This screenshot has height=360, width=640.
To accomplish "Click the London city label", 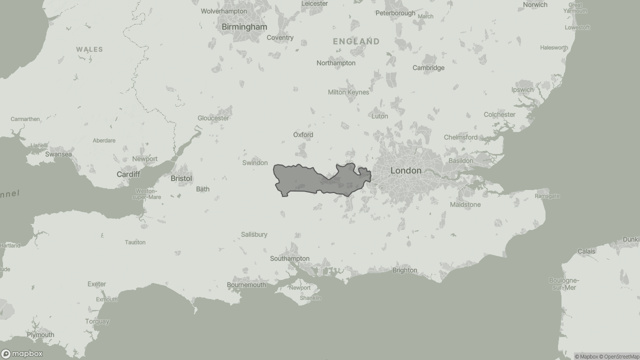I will click(405, 170).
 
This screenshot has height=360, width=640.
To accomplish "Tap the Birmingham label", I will click(244, 26).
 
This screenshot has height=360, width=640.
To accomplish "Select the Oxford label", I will click(303, 134).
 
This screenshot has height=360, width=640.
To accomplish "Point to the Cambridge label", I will click(428, 67).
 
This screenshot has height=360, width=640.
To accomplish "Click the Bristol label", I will click(181, 178).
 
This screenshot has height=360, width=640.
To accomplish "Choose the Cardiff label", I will click(128, 174).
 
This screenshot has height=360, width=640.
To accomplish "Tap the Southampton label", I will click(289, 258).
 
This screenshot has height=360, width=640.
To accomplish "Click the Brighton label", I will click(404, 270).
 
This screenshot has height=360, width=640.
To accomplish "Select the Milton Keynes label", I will click(348, 92).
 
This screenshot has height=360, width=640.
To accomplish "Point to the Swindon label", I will click(254, 162).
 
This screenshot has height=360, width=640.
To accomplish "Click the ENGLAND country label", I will click(356, 41).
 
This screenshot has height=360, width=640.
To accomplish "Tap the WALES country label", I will click(89, 49).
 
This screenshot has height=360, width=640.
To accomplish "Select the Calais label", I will click(586, 251).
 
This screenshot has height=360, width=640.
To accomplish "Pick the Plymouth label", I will click(40, 334).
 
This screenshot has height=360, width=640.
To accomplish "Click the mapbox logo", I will click(22, 353).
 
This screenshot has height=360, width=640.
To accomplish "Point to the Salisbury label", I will click(254, 234).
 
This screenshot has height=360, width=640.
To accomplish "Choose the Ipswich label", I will click(522, 89).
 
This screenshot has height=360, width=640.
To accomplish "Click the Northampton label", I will click(335, 63).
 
